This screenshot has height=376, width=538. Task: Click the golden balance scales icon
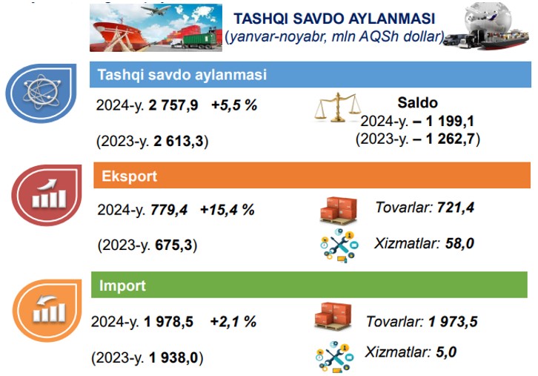tap(338, 107)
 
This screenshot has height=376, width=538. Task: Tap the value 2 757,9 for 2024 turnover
tap(173, 105)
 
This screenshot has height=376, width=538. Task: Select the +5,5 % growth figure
tap(234, 105)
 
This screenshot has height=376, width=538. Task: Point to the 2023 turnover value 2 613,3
tap(179, 141)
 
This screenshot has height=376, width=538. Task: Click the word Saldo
tap(417, 102)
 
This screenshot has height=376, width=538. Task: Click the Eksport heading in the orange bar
tap(130, 177)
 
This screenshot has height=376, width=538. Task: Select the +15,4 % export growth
tap(228, 209)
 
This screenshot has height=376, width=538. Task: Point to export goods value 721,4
tap(456, 208)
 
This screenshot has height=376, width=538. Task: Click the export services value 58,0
tap(459, 243)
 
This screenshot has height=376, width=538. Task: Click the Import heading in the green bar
tap(122, 286)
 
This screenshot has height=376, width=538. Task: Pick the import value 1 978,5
tap(168, 322)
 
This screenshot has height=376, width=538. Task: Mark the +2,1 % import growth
tap(233, 322)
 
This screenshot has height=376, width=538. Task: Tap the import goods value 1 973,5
tap(453, 322)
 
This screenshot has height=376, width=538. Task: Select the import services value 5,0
tap(446, 352)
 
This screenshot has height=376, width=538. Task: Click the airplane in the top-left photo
tap(156, 10)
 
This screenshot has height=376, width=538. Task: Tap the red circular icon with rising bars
tap(47, 195)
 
